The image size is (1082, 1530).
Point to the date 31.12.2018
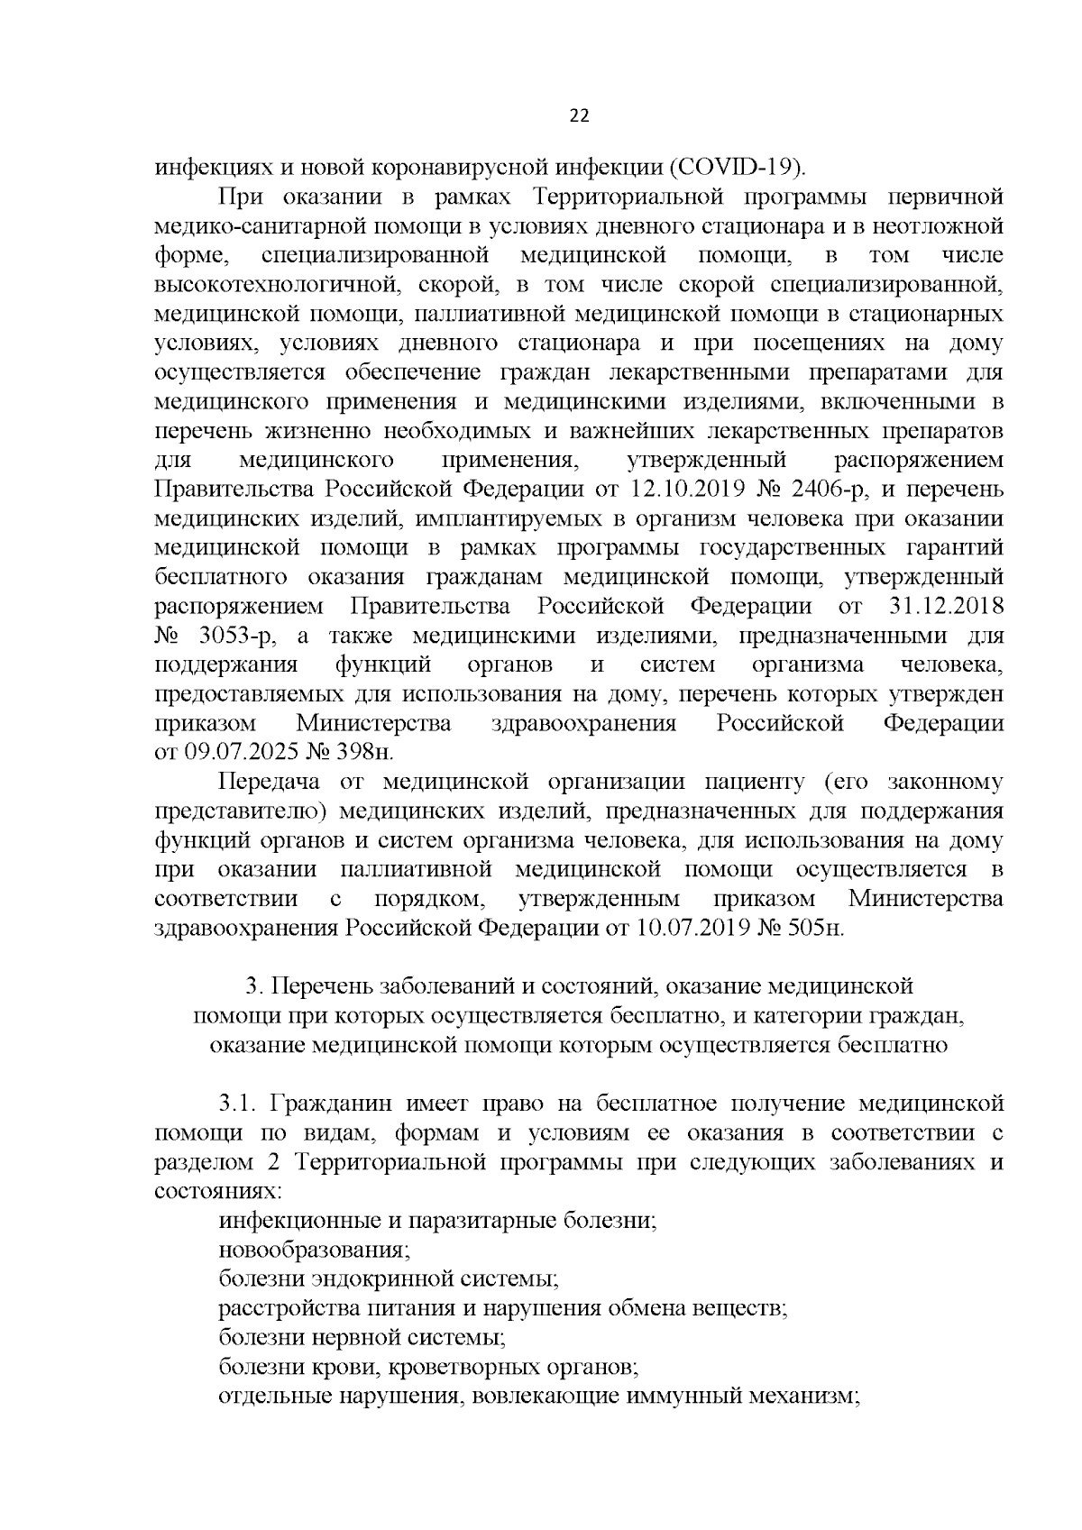coord(948,607)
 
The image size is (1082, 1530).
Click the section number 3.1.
coord(239,1104)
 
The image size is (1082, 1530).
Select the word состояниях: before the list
coord(218,1191)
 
